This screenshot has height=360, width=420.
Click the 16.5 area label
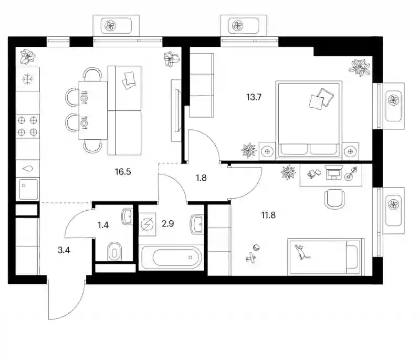[x=123, y=171]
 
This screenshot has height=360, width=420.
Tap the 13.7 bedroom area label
[x=254, y=97]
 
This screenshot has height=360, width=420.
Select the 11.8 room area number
[x=268, y=215]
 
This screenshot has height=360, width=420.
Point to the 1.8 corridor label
[x=201, y=178]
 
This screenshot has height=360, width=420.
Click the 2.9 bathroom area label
[x=167, y=223]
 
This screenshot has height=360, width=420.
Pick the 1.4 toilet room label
[x=103, y=225]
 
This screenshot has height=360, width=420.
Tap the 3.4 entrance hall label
[x=64, y=250]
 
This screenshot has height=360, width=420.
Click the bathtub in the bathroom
[x=171, y=258]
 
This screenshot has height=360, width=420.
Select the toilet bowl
[x=114, y=251]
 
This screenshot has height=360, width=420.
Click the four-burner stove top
[x=27, y=126]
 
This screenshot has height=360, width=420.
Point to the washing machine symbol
[x=147, y=224]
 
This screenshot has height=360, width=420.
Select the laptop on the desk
[x=334, y=172]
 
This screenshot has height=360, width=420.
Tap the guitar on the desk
[x=351, y=173]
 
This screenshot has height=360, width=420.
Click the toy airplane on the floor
[x=250, y=258]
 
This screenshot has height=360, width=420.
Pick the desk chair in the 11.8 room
[x=334, y=199]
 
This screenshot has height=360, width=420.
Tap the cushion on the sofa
[x=128, y=80]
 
